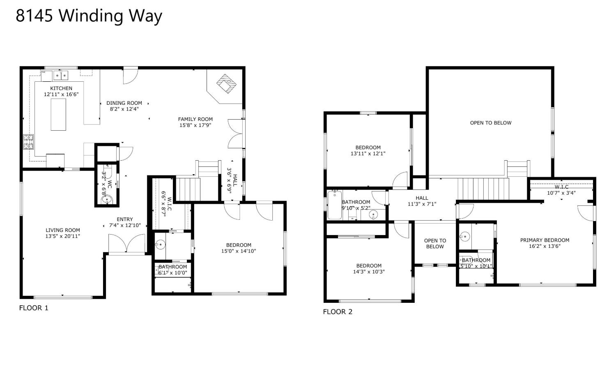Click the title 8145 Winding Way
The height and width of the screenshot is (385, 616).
pos(89,16)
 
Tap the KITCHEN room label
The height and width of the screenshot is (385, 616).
pos(61,88)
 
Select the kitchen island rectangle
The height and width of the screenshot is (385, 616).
pos(58,115)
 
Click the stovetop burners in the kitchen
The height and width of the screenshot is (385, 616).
pos(28,142)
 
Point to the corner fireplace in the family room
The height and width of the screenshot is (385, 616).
pos(226,84)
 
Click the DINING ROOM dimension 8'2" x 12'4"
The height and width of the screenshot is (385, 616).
pos(124,109)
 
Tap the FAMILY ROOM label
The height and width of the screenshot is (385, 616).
pos(195,119)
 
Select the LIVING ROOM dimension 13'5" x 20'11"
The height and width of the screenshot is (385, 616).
pos(63,236)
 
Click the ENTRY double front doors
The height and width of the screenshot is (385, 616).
pos(126,243)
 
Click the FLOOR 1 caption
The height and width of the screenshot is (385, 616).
pos(34,308)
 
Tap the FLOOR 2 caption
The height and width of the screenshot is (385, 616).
pos(338,312)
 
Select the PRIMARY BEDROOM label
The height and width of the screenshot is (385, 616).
pos(545,240)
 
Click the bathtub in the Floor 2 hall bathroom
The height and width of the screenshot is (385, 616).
pos(335,205)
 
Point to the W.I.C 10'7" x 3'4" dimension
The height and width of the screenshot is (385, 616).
pos(561,193)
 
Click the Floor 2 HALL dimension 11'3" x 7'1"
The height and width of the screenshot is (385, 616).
pos(422,204)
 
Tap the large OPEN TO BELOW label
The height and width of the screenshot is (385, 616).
pos(491,123)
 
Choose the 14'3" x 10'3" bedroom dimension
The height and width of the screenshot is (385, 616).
pos(369,272)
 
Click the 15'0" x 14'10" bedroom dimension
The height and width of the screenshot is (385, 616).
pos(239,251)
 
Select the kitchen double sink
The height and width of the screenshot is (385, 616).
pos(61,75)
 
